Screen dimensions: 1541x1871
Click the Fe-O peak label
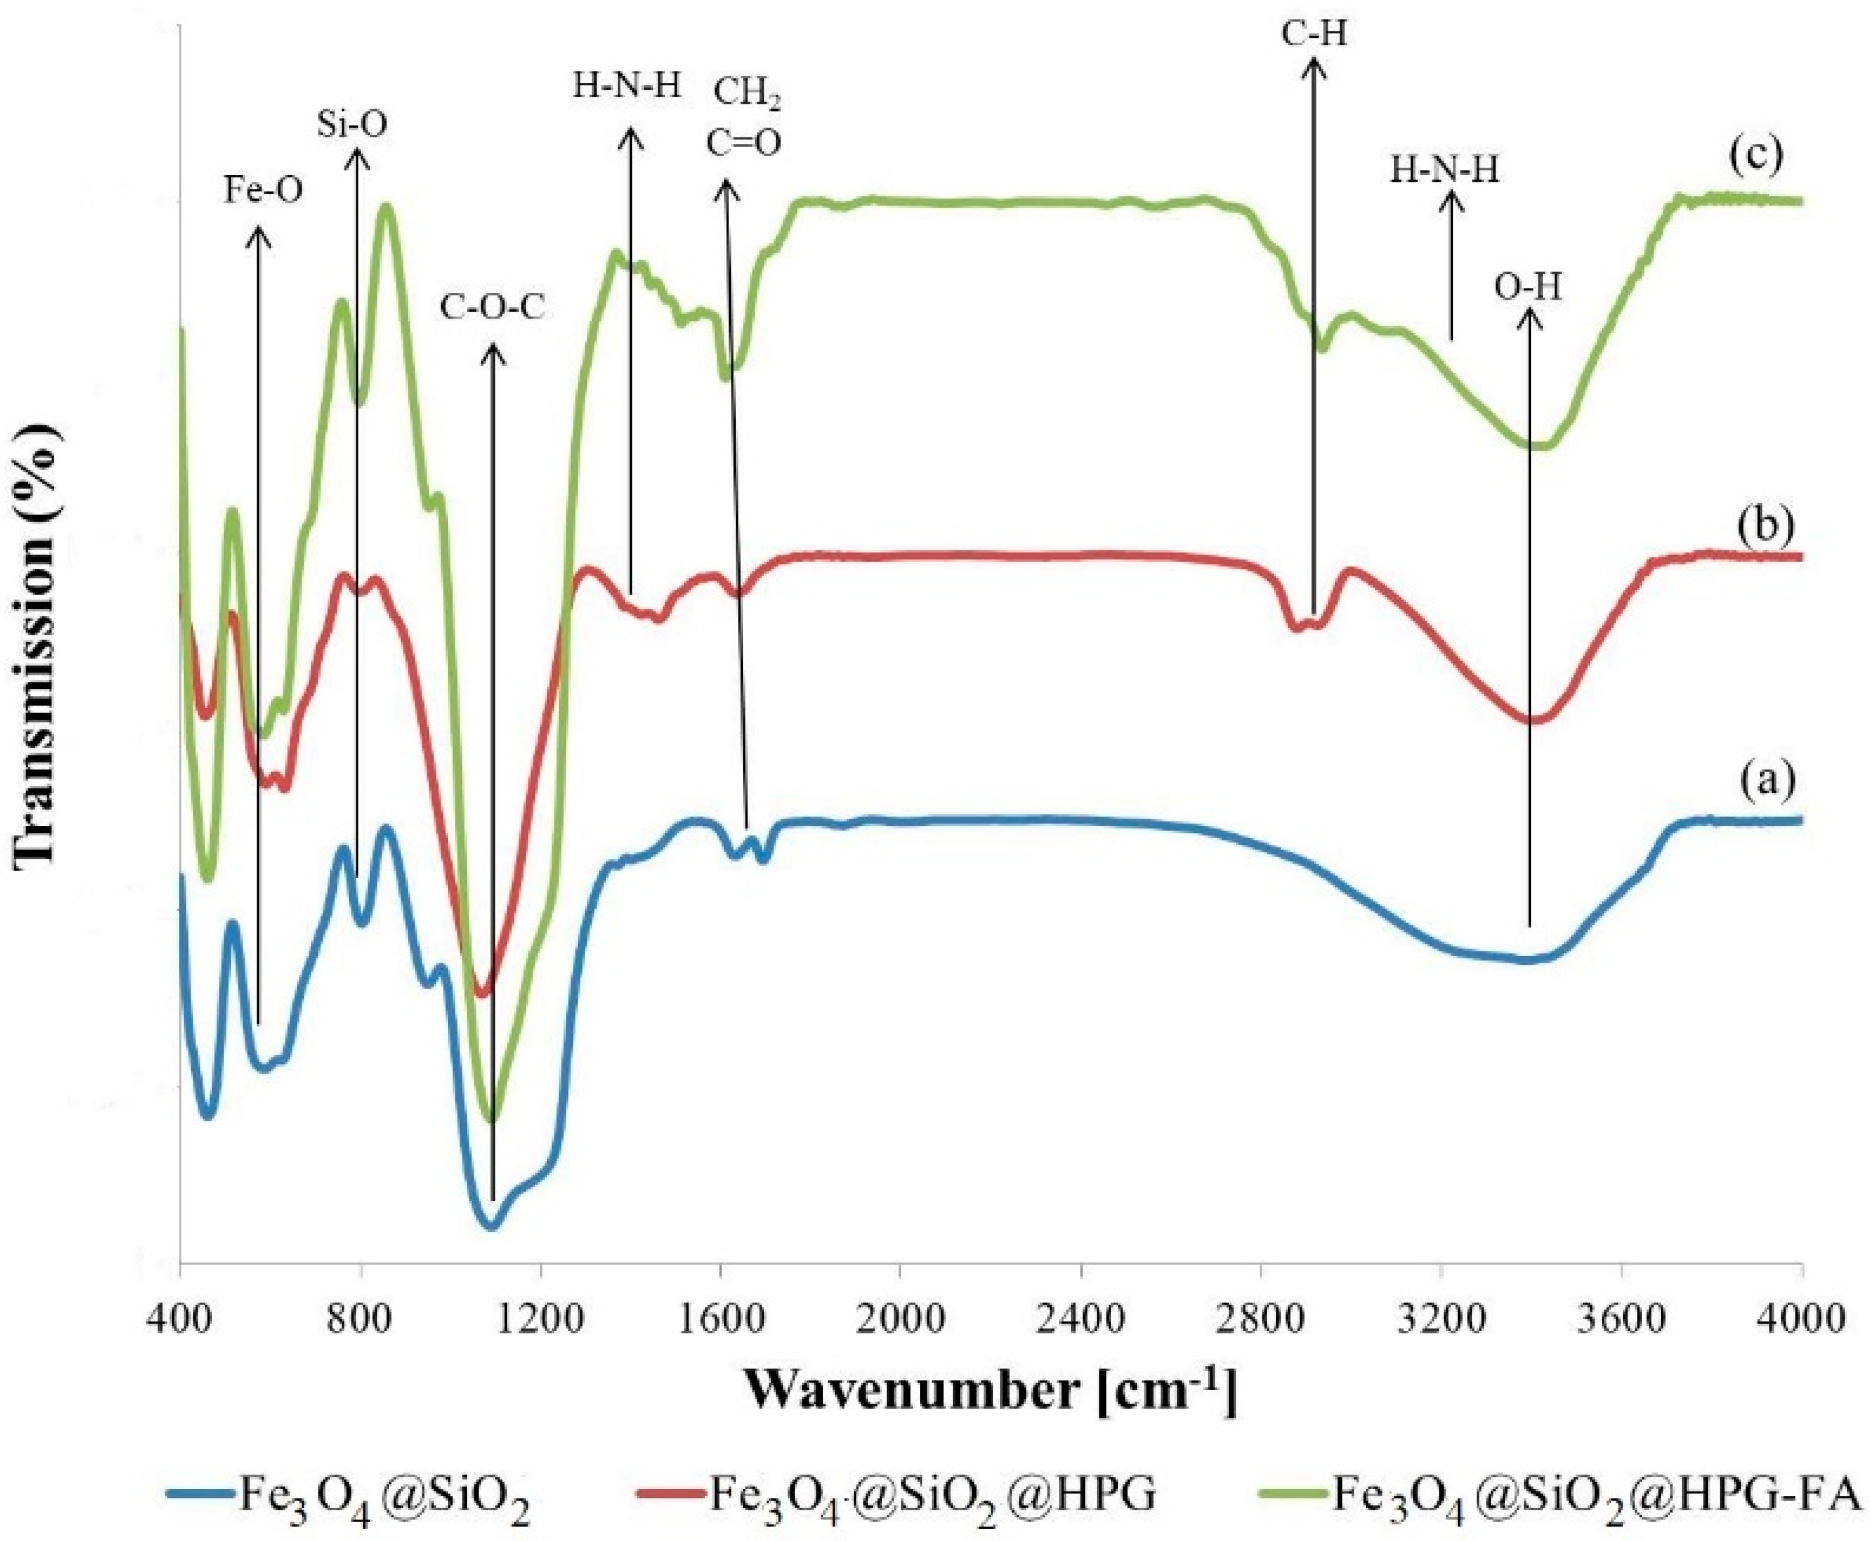pos(262,190)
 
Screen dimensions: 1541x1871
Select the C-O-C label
pos(492,308)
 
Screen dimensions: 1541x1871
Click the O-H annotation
pos(1527,289)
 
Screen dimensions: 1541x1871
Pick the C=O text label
pos(744,143)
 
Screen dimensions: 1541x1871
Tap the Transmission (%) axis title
pos(40,643)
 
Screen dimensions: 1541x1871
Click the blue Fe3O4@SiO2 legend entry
pos(351,1493)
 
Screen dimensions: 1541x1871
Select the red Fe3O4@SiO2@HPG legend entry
pos(897,1493)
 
